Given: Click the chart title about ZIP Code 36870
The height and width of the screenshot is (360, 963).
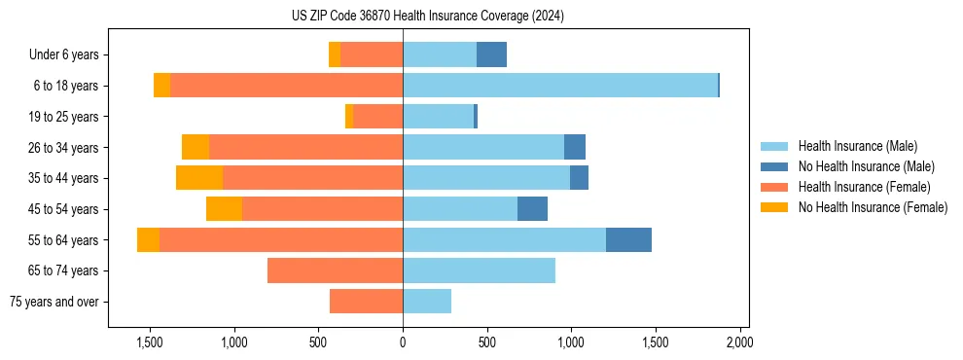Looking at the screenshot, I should coord(427,17).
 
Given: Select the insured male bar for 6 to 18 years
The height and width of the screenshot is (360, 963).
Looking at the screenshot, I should coord(560,86).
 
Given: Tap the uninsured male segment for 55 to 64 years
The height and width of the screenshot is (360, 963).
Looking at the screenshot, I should coord(628,239).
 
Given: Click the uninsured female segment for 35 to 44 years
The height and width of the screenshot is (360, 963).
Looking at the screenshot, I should coord(199,178).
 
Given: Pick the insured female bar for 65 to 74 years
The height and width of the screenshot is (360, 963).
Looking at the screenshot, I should coord(335,270).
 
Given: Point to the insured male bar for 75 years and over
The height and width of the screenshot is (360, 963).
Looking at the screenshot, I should coord(427,302).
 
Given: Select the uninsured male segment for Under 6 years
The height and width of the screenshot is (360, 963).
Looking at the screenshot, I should coord(491,54).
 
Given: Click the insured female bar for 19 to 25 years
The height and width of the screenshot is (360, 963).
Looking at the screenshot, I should coord(378,117).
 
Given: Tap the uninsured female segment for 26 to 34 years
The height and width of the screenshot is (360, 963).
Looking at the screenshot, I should coord(196,147).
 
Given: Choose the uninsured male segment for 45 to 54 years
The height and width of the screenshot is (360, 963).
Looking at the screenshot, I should coord(532,208).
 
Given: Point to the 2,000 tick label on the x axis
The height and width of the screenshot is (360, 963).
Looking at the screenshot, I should coord(739,343).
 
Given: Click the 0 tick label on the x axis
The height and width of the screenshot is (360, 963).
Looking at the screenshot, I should coord(403,343).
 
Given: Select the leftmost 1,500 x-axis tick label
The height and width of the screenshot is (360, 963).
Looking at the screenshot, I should coord(150,343).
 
